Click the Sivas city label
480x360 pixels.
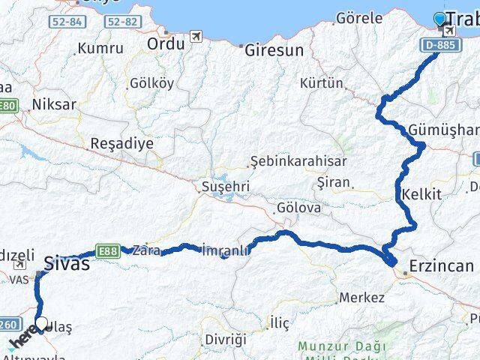(67, 263)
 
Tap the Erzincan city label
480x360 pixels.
(442, 265)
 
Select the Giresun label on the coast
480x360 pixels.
(274, 50)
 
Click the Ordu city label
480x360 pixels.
(166, 43)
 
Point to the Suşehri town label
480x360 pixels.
(225, 185)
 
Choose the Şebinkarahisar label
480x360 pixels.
(298, 161)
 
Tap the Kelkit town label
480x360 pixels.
(421, 194)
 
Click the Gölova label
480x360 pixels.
(298, 207)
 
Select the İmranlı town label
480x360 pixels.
(226, 250)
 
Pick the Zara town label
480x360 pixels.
(145, 251)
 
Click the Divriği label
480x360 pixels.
(225, 339)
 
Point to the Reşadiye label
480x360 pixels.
(121, 142)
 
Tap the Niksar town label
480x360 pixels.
(54, 104)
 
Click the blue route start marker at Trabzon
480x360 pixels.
(439, 18)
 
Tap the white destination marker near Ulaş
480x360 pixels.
(42, 324)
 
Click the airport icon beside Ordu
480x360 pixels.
(196, 36)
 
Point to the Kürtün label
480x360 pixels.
(320, 82)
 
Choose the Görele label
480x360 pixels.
(359, 17)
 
